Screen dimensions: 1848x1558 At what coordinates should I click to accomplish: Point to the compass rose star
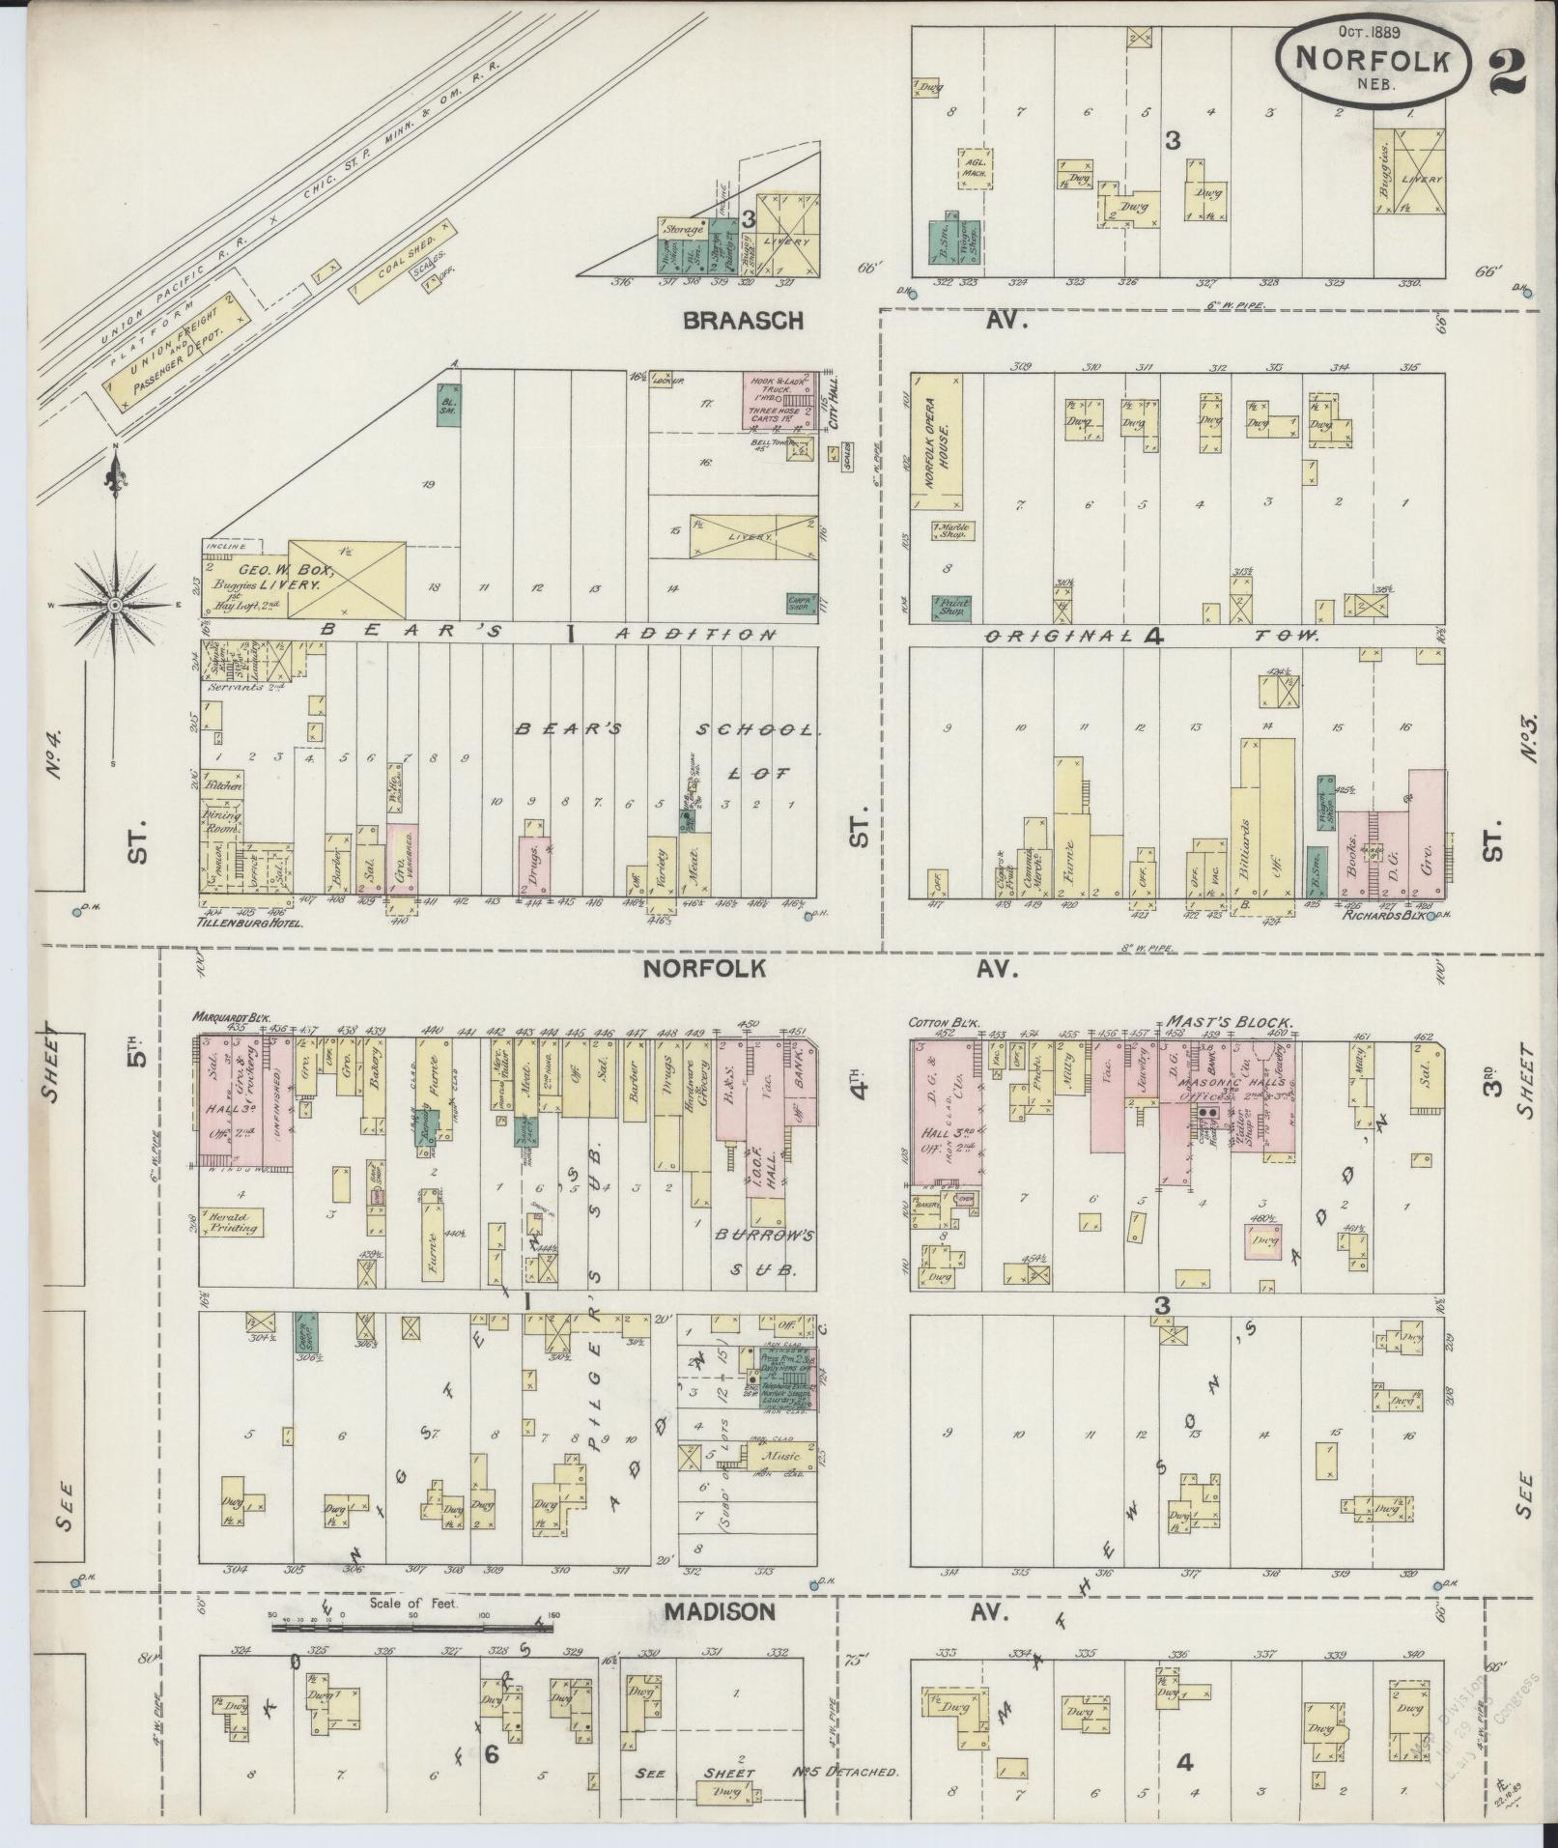point(114,604)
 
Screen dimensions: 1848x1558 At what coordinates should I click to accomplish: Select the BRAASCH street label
point(742,321)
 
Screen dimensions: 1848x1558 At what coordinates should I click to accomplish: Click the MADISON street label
point(720,1611)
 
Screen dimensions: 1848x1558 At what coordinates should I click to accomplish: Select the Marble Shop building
point(951,530)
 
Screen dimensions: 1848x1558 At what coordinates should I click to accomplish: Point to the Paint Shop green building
point(950,607)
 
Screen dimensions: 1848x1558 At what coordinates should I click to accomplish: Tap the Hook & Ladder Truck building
point(780,400)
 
